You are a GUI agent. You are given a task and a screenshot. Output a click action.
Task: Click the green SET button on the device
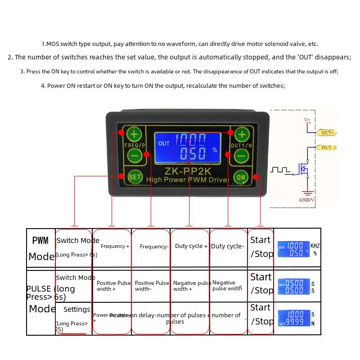pos(135,177)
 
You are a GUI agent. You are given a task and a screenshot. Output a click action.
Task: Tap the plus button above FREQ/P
pos(134,134)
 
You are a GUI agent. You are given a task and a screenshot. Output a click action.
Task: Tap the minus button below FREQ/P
pos(134,156)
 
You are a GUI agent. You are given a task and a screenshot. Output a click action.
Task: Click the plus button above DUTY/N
pos(242,134)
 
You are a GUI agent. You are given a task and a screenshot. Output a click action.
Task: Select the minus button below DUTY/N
pos(242,156)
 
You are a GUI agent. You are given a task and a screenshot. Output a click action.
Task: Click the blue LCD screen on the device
pos(188,148)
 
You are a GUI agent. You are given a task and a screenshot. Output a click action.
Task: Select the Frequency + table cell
pos(115,246)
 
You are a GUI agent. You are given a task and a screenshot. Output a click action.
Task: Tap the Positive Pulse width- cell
pos(152,286)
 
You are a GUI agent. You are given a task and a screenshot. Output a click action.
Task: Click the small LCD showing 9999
pos(294,319)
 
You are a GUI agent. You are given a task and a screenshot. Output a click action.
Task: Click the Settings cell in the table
pos(76,310)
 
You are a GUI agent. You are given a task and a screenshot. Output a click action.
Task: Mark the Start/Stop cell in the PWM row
pos(261,247)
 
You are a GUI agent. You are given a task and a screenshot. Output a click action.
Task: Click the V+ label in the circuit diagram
pos(307,120)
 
